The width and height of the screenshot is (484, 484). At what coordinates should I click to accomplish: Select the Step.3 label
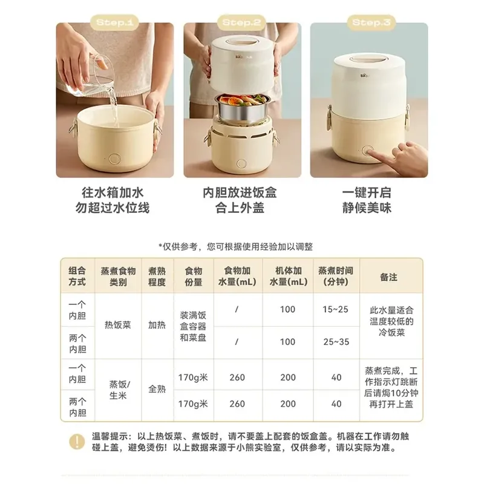(368, 23)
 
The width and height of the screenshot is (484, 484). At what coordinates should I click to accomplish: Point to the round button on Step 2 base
(241, 164)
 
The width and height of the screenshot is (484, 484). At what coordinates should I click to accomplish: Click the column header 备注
(388, 276)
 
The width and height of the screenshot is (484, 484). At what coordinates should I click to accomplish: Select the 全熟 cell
(157, 391)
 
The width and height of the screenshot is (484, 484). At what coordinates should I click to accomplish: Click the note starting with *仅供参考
(241, 246)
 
